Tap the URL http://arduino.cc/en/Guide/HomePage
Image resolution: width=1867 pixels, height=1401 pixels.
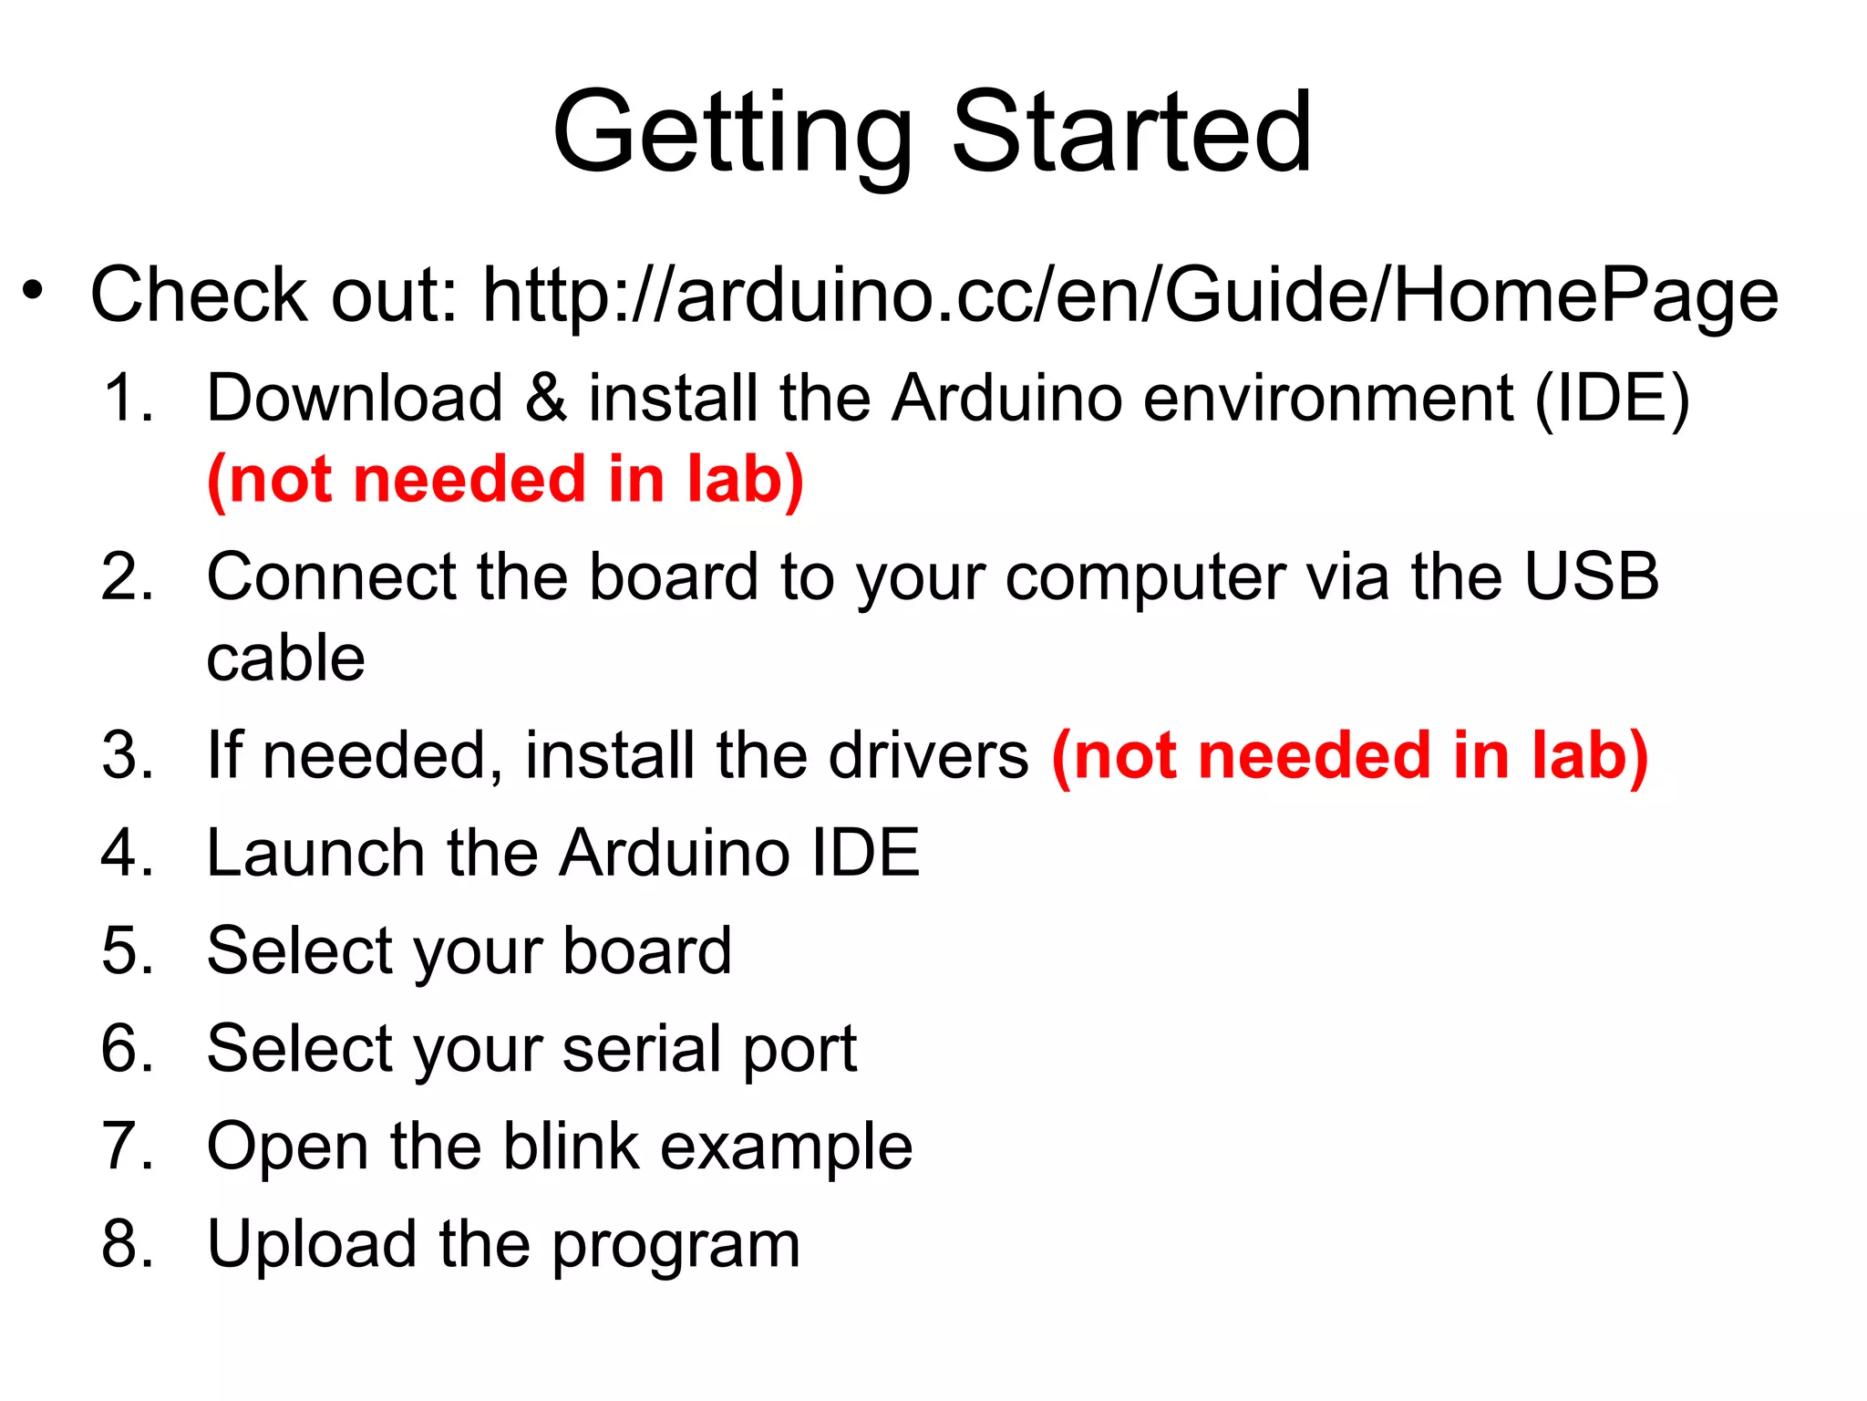[x=1129, y=296]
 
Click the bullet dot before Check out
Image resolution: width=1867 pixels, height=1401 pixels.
[x=34, y=291]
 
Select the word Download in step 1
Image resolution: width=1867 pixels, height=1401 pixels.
[x=355, y=399]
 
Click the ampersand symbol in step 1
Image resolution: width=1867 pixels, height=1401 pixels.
[x=545, y=399]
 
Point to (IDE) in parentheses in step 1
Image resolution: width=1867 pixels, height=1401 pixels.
[x=1612, y=399]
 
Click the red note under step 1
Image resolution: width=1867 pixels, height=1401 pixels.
[x=505, y=481]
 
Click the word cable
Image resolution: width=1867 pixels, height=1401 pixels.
[x=285, y=659]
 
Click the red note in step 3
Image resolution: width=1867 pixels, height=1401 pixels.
[x=1350, y=756]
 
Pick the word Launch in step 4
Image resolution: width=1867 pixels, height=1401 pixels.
[x=315, y=854]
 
